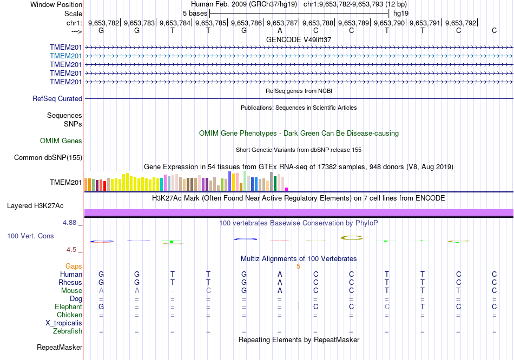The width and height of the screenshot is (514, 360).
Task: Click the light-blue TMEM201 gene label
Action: point(65,56)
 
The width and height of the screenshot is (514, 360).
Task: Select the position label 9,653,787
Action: point(282,23)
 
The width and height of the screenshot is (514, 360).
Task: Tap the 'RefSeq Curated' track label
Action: point(57,98)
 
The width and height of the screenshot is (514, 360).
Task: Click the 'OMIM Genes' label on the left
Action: point(61,141)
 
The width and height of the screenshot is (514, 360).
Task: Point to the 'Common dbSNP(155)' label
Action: point(48,157)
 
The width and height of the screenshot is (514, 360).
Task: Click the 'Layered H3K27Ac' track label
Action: point(35,206)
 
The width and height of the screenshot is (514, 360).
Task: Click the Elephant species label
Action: point(68,307)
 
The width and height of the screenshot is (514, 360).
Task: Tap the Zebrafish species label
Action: point(68,331)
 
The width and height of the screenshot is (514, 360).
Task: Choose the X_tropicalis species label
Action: point(64,323)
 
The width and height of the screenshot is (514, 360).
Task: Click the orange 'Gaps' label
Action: point(74,266)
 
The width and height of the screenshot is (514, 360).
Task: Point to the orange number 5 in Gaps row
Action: point(298,266)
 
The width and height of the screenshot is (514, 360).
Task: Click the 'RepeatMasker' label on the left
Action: point(60,347)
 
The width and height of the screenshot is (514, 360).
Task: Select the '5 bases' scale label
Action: point(195,14)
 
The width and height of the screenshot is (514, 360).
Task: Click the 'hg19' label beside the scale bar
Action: point(401,14)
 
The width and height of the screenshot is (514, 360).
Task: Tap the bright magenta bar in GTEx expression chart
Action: point(287,189)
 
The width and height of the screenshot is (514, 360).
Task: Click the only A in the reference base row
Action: point(280,30)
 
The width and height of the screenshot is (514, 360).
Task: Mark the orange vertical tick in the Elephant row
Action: point(299,306)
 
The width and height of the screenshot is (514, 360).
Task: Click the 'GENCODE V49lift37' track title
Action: point(299,39)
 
